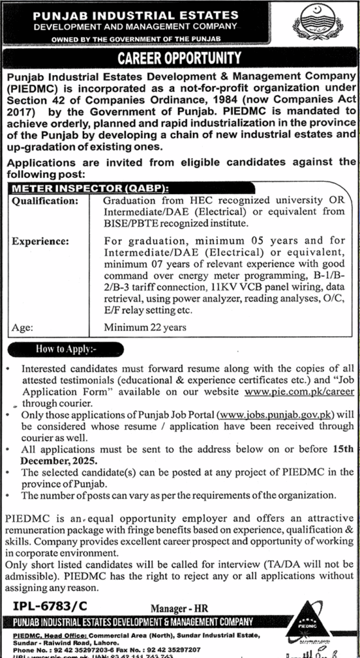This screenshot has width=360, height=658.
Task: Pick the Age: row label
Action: click(23, 328)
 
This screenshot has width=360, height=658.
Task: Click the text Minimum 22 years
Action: click(145, 328)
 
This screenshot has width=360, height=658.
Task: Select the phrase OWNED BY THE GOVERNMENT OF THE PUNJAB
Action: click(135, 40)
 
